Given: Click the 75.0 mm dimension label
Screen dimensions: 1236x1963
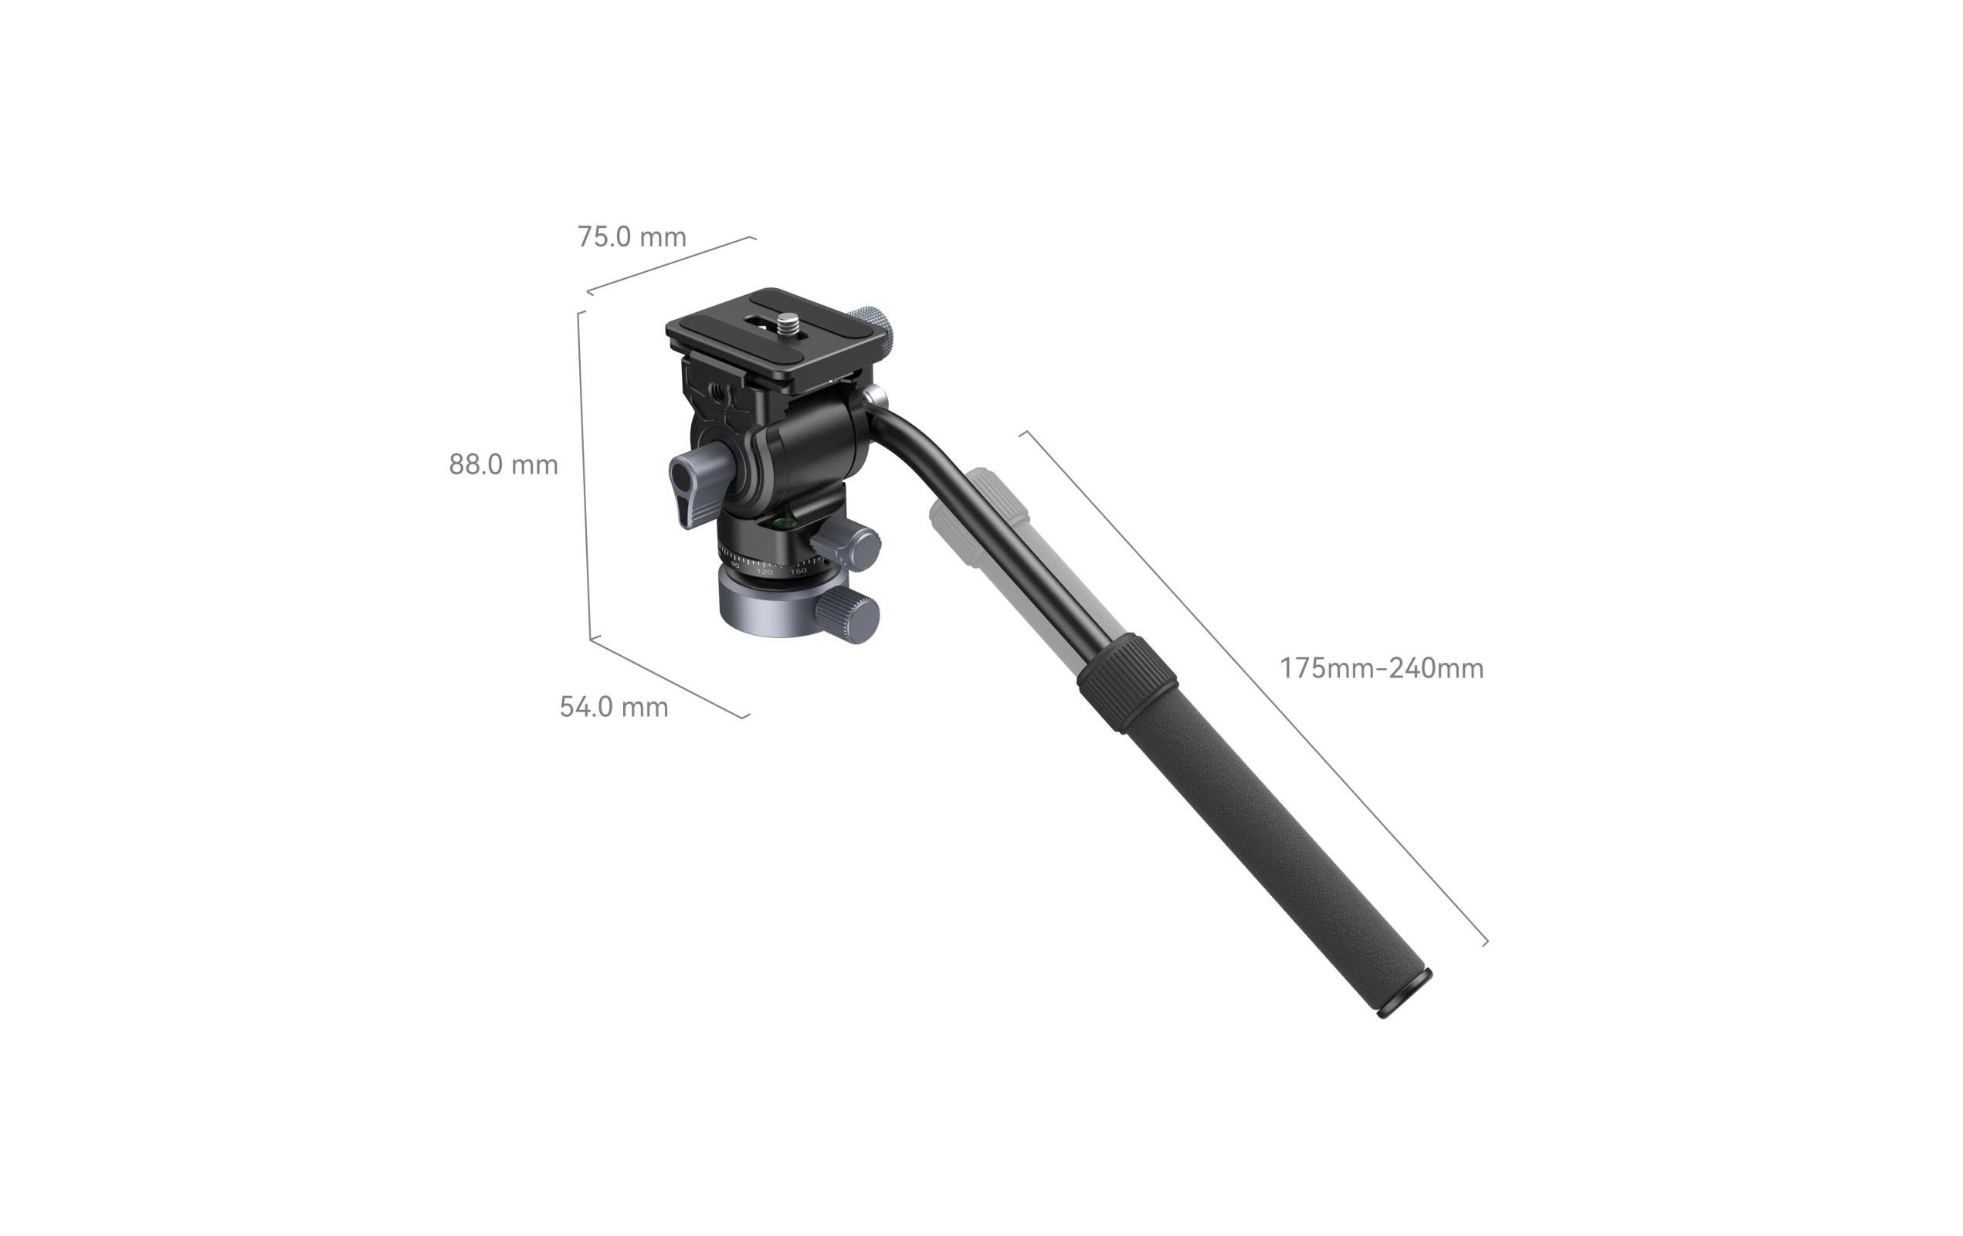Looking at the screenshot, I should (x=632, y=237).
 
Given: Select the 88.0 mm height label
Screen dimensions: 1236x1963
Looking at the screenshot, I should (x=503, y=465).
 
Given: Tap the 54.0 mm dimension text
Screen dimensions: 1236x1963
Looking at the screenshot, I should (x=613, y=707).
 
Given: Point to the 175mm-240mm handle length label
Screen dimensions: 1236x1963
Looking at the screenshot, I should (x=1381, y=668).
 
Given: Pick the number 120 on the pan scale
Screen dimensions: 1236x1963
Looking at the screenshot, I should (x=764, y=572).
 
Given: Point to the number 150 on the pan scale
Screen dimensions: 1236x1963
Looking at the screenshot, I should (x=798, y=571).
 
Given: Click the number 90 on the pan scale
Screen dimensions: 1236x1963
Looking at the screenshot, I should (x=735, y=565).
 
